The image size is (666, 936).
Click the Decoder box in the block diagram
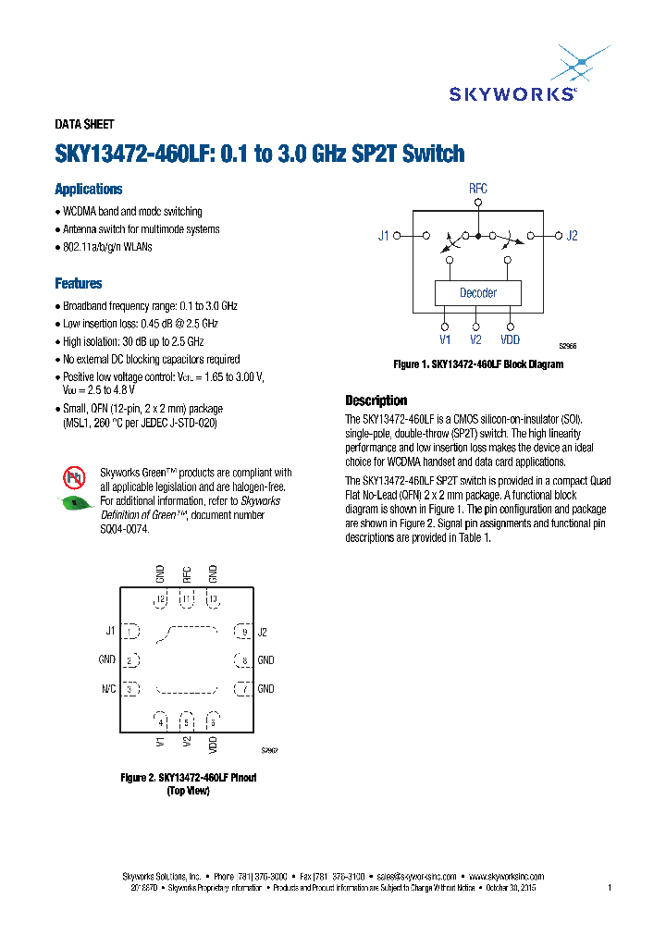pos(478,293)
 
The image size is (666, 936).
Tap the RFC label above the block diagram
pos(477,189)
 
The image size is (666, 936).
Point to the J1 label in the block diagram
pos(384,236)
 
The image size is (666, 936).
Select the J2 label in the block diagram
pos(572,236)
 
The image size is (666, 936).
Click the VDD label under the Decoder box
pos(511,339)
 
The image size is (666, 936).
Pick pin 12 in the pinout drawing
pos(161,599)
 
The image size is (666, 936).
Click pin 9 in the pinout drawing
pos(244,632)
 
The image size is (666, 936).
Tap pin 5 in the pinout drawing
pos(187,722)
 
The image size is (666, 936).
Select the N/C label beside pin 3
pos(107,689)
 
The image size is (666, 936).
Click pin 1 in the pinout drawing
pos(131,632)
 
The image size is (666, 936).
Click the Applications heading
pos(89,190)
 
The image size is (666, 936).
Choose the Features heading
pos(79,284)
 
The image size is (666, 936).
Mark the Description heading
pos(376,400)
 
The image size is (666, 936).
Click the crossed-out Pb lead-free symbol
pos(74,477)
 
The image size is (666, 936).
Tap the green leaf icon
pos(74,504)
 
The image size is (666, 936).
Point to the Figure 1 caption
pos(478,364)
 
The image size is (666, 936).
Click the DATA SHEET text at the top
pos(85,125)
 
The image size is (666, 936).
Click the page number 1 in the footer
pos(610,888)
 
